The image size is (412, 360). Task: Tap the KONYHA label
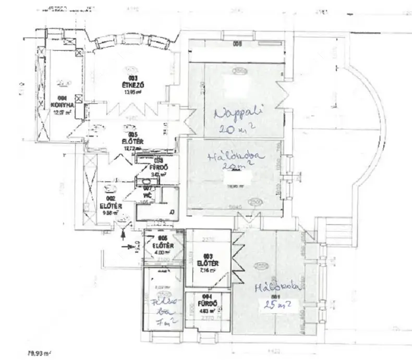62,103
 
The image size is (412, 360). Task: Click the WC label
147,195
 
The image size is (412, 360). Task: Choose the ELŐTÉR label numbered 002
111,206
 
